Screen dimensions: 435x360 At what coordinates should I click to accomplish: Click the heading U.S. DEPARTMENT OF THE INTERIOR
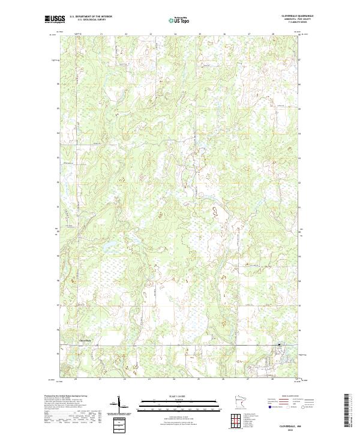click(x=91, y=17)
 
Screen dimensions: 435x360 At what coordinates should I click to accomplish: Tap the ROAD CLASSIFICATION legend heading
click(x=290, y=397)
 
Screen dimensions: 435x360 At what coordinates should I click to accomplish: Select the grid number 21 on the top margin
click(x=101, y=34)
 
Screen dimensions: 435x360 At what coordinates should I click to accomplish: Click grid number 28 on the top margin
click(x=273, y=34)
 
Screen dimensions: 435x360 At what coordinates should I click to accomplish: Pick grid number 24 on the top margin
click(x=175, y=34)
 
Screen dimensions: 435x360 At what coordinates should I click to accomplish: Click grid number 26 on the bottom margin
click(x=223, y=379)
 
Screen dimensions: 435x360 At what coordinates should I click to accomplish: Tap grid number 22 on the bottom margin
click(x=125, y=379)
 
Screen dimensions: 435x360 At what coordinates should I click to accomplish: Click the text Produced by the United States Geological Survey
click(x=66, y=396)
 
